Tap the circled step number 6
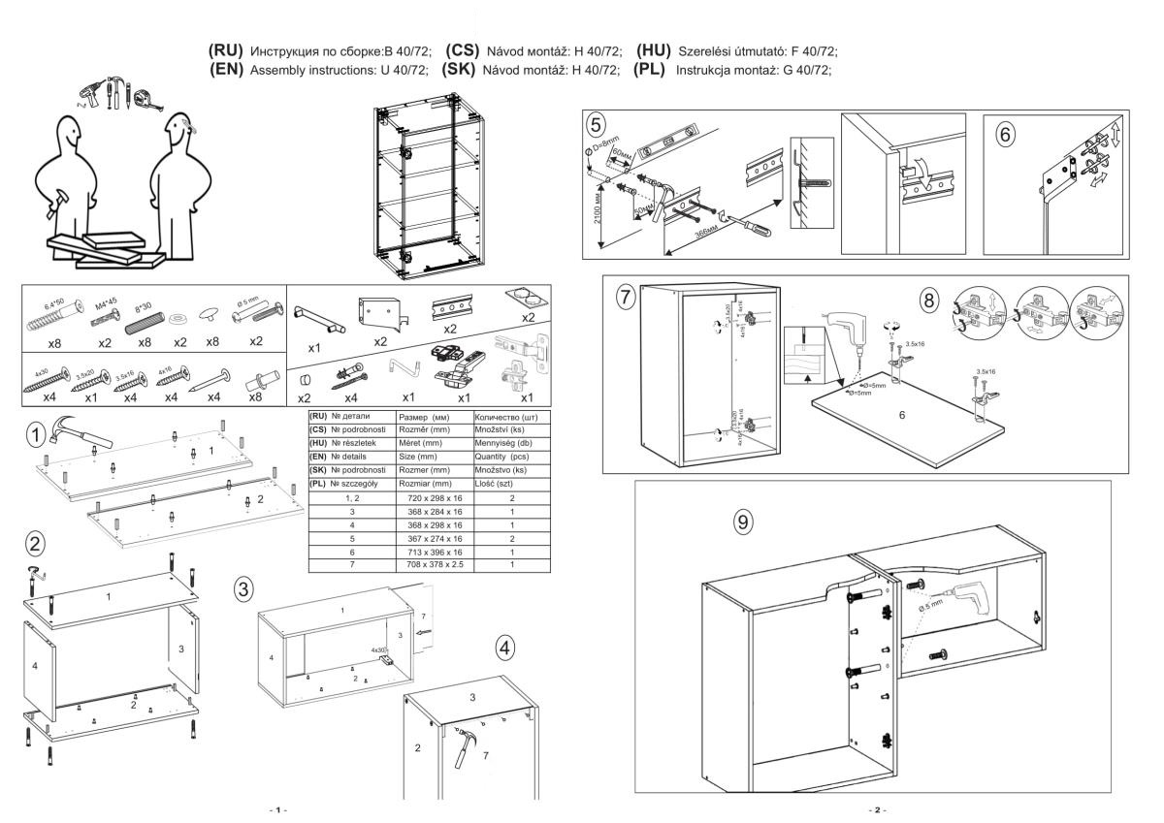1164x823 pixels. click(x=1006, y=135)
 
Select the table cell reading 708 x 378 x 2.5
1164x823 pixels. click(x=434, y=563)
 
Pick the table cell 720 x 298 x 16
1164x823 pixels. click(x=434, y=495)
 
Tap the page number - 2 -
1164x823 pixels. click(x=880, y=808)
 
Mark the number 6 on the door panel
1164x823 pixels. click(x=900, y=414)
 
